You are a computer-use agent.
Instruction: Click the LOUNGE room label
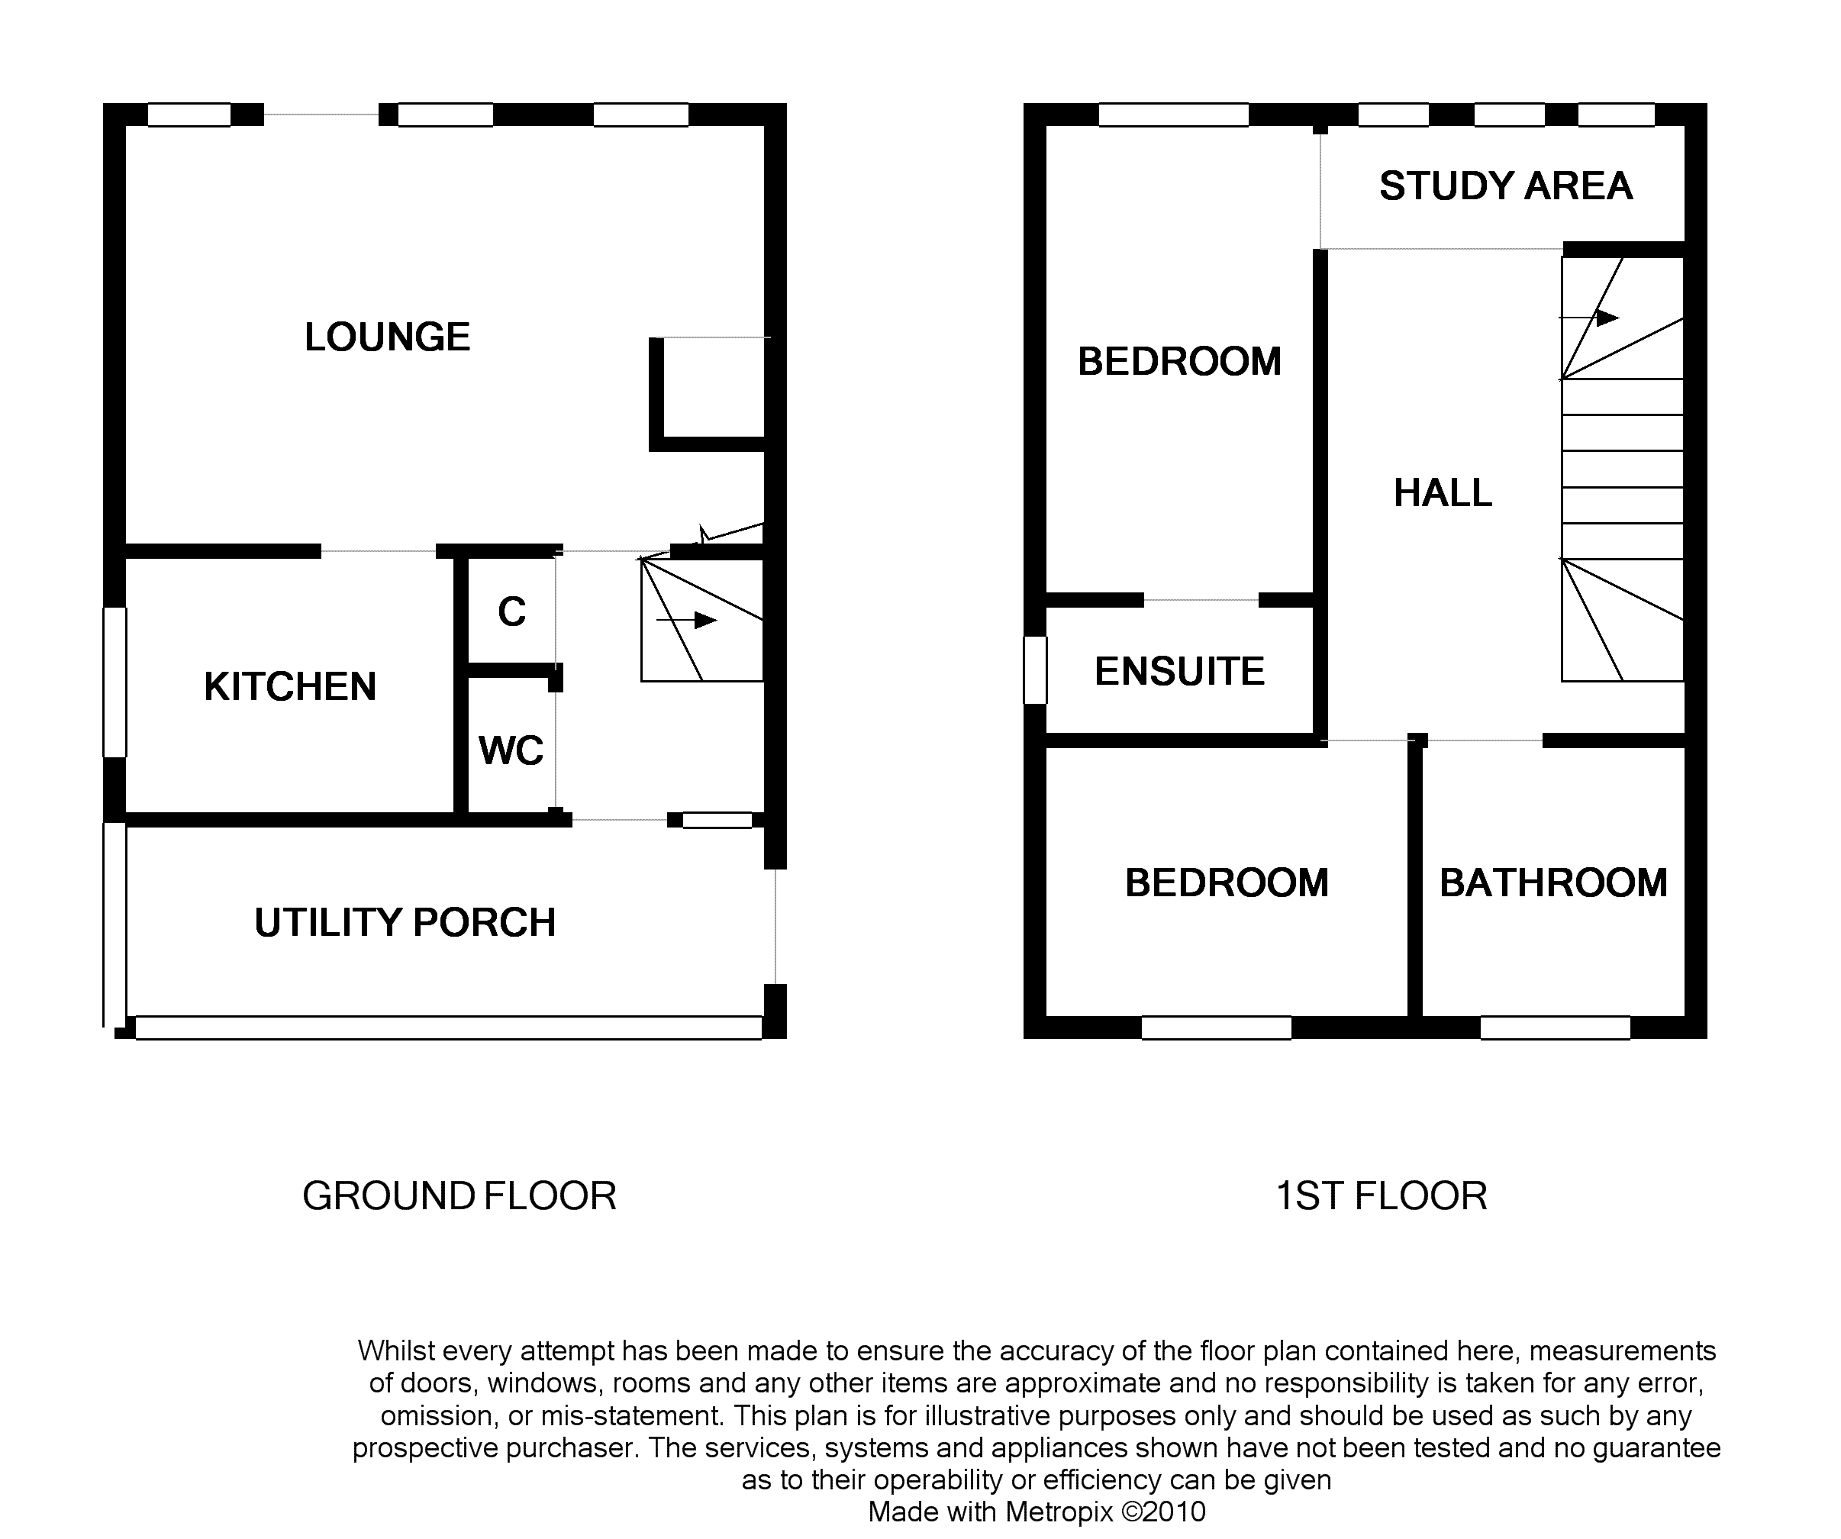click(x=387, y=337)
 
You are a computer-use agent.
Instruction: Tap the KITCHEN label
click(x=290, y=686)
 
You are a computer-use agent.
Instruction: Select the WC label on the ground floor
click(x=511, y=750)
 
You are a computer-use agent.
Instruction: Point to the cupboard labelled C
click(x=512, y=611)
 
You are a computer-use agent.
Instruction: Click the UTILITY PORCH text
click(x=405, y=922)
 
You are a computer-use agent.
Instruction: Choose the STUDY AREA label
click(x=1506, y=186)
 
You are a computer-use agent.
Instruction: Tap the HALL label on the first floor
click(x=1443, y=493)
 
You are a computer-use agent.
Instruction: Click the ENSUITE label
click(x=1180, y=672)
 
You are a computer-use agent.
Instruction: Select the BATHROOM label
click(x=1553, y=883)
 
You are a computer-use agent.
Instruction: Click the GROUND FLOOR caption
click(x=459, y=1196)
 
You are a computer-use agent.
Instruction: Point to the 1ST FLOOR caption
click(x=1382, y=1196)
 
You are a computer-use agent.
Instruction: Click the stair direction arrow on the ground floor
click(x=686, y=620)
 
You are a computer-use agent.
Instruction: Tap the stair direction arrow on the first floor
click(x=1588, y=318)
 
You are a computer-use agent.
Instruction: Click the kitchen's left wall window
click(x=114, y=682)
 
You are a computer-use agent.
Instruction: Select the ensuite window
click(x=1035, y=670)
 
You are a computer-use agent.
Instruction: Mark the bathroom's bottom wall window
click(x=1556, y=1028)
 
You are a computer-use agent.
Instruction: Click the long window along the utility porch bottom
click(x=449, y=1028)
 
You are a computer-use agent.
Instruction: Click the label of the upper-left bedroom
click(x=1179, y=361)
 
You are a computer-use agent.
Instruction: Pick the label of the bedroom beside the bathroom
click(x=1227, y=883)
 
